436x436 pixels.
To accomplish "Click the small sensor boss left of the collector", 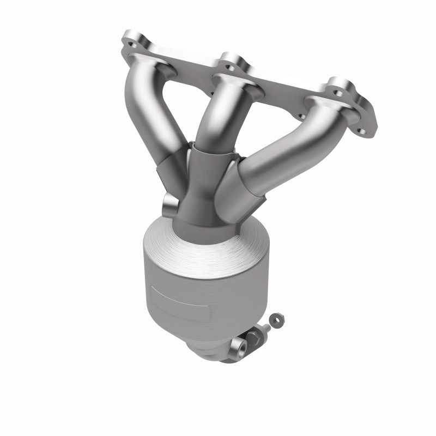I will [x=169, y=206].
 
